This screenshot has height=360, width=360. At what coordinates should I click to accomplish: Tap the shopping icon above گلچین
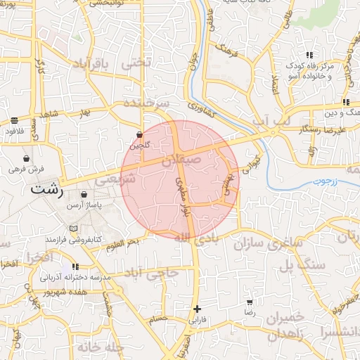point(139,134)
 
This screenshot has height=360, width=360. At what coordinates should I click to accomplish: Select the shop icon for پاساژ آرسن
point(84,195)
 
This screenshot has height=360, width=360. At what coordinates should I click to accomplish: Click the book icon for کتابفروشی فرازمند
point(74,229)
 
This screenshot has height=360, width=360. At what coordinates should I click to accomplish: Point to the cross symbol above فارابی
point(198,309)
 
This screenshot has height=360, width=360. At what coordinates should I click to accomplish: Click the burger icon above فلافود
point(15,121)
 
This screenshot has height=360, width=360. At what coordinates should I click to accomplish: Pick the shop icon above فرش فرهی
point(27,158)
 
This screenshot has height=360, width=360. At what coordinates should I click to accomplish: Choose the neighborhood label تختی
point(136,62)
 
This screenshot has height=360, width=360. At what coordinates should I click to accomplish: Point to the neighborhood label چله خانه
point(96,347)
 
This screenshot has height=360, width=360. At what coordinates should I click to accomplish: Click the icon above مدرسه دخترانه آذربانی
point(75,267)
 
